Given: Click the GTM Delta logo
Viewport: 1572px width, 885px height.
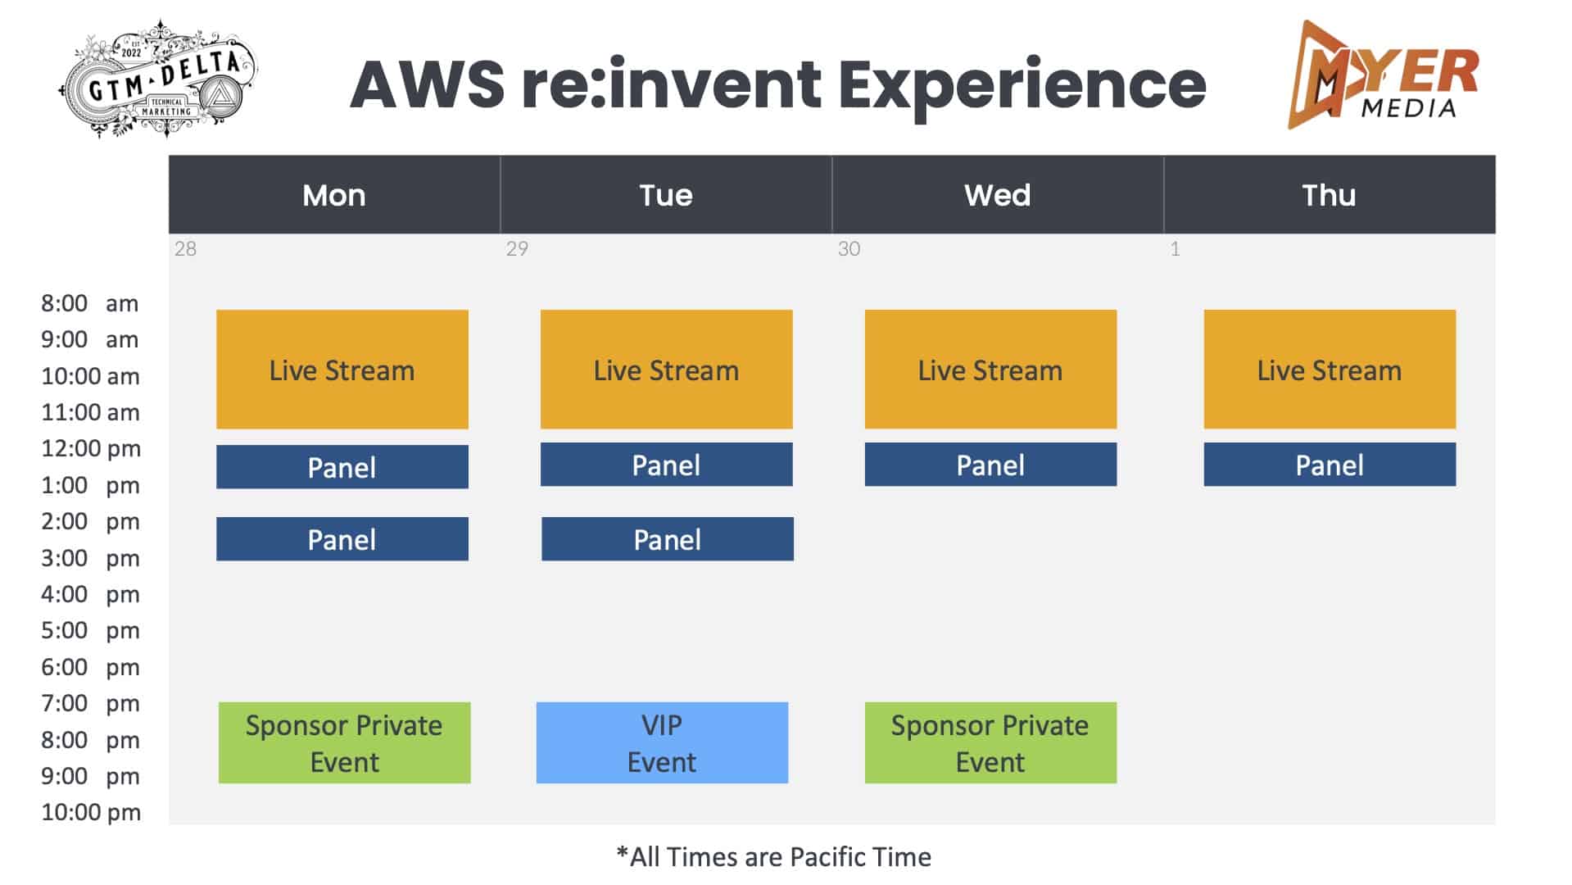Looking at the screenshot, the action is point(159,79).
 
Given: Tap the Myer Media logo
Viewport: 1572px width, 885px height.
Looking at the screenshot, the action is point(1383,75).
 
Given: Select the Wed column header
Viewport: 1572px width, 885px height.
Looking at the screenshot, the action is point(997,195).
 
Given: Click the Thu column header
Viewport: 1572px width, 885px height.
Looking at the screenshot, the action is point(1329,195).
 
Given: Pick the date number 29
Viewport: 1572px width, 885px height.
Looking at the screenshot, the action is point(517,248).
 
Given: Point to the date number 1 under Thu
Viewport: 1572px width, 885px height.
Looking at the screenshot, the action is point(1175,248).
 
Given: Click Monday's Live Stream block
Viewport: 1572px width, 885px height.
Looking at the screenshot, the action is point(342,369).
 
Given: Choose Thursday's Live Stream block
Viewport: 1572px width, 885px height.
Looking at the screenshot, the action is point(1330,369).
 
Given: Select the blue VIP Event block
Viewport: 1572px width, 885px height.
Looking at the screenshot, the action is point(662,742).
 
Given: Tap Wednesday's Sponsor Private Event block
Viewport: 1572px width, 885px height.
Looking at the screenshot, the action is point(990,742).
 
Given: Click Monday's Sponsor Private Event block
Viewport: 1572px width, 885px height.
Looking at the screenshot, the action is point(344,742).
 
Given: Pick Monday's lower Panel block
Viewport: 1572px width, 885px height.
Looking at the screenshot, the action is point(342,538).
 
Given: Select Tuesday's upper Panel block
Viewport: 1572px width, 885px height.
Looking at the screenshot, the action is point(666,464).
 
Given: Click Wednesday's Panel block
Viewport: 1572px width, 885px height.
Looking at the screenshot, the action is point(990,464).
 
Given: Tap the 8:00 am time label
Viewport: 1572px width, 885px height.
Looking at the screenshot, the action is point(90,303).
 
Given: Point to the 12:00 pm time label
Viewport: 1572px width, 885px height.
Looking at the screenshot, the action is point(91,448).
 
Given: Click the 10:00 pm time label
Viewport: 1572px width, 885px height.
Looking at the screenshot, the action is point(91,812).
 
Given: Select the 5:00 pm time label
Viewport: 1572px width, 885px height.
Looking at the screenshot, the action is point(90,630).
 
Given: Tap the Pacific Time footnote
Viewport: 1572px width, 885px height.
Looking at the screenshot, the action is point(773,857).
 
